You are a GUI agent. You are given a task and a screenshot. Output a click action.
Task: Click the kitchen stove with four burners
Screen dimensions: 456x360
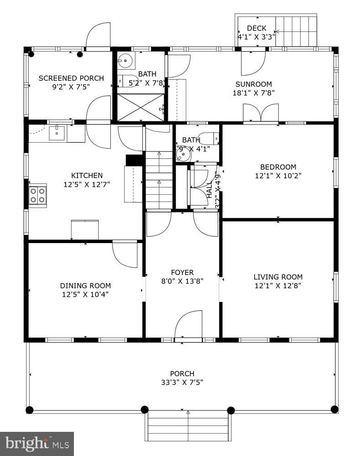(x=37, y=195)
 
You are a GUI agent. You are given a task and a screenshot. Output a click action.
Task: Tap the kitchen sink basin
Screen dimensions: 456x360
(x=57, y=133)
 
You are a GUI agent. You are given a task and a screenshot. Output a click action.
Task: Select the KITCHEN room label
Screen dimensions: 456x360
(x=87, y=176)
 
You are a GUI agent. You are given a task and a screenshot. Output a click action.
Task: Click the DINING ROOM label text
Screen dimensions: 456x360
(x=85, y=286)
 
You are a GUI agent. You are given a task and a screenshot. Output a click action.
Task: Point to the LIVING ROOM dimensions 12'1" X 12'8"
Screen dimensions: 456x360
(x=278, y=286)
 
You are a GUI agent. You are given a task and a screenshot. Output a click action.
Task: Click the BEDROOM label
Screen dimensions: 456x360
(x=278, y=167)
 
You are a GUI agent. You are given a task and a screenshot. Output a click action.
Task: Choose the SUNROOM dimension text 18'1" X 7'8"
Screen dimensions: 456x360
(x=253, y=93)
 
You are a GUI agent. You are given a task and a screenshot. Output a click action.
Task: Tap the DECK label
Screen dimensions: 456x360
(x=256, y=29)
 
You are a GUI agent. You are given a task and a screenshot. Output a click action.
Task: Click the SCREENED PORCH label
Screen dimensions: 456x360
(x=71, y=78)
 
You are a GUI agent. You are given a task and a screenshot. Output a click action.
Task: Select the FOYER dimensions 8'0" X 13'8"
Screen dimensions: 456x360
(x=182, y=281)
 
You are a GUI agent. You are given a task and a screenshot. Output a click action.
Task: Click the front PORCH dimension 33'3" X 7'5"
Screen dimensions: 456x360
(x=182, y=382)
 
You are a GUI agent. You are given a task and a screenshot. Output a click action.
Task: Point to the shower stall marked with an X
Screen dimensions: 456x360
(x=141, y=107)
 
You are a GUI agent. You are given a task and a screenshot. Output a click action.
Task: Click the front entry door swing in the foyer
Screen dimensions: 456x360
(x=189, y=325)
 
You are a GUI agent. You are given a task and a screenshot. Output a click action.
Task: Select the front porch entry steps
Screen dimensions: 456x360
(x=188, y=425)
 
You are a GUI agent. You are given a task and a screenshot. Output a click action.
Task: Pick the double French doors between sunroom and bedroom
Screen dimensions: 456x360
(x=261, y=113)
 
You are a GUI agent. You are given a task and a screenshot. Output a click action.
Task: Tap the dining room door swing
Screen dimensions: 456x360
(x=125, y=254)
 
